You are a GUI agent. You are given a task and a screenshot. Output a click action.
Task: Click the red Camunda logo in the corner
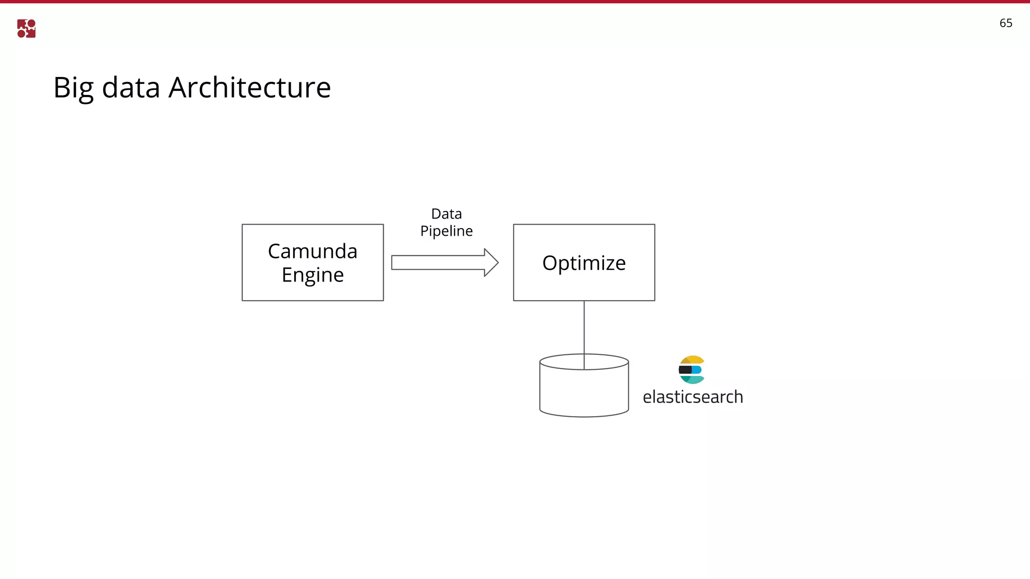click(26, 29)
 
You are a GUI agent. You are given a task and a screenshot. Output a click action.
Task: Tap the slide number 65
click(1005, 23)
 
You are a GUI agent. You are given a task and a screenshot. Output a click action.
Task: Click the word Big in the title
click(73, 88)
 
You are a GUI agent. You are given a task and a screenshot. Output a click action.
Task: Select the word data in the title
click(131, 87)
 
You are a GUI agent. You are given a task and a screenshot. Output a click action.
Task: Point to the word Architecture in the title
click(249, 87)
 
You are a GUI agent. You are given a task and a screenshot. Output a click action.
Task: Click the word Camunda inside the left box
click(312, 251)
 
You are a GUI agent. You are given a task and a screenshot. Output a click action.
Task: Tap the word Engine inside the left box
click(312, 275)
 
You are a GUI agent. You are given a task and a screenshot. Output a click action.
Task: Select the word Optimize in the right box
click(583, 263)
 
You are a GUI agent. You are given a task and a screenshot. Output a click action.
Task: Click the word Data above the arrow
click(446, 214)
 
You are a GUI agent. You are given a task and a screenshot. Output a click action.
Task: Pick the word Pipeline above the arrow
click(446, 231)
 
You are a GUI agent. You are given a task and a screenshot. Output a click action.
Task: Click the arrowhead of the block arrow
click(490, 262)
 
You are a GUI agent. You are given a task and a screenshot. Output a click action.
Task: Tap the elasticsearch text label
click(692, 397)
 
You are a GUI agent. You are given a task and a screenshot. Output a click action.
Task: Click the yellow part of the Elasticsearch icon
click(694, 359)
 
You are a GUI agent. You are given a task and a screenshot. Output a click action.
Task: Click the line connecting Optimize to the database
click(584, 327)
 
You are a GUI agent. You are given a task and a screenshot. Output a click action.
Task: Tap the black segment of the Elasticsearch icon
click(685, 370)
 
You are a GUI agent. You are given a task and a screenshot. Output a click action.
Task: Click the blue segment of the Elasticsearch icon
click(697, 370)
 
